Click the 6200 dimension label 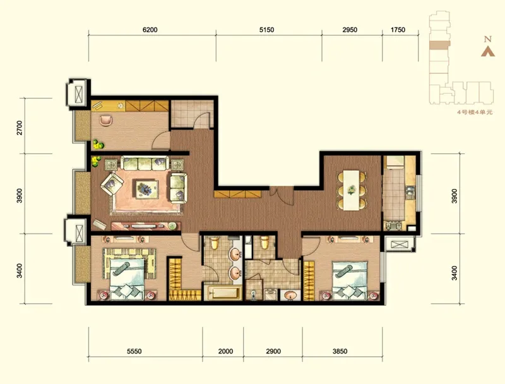[150, 30]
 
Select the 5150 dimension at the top [266, 30]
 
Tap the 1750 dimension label [398, 30]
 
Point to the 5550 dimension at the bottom [134, 351]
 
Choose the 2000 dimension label [225, 351]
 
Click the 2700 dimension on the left [20, 128]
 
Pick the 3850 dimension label [340, 351]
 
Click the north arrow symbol [488, 52]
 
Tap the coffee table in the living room [147, 189]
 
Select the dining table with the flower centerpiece [352, 190]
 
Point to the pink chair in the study [106, 120]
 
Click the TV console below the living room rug [146, 226]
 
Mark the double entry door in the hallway [282, 195]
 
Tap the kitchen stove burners [393, 225]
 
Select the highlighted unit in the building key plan [439, 45]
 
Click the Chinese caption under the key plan [475, 112]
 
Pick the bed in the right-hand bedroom [350, 280]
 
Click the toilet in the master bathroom [214, 243]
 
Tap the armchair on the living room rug [112, 184]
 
